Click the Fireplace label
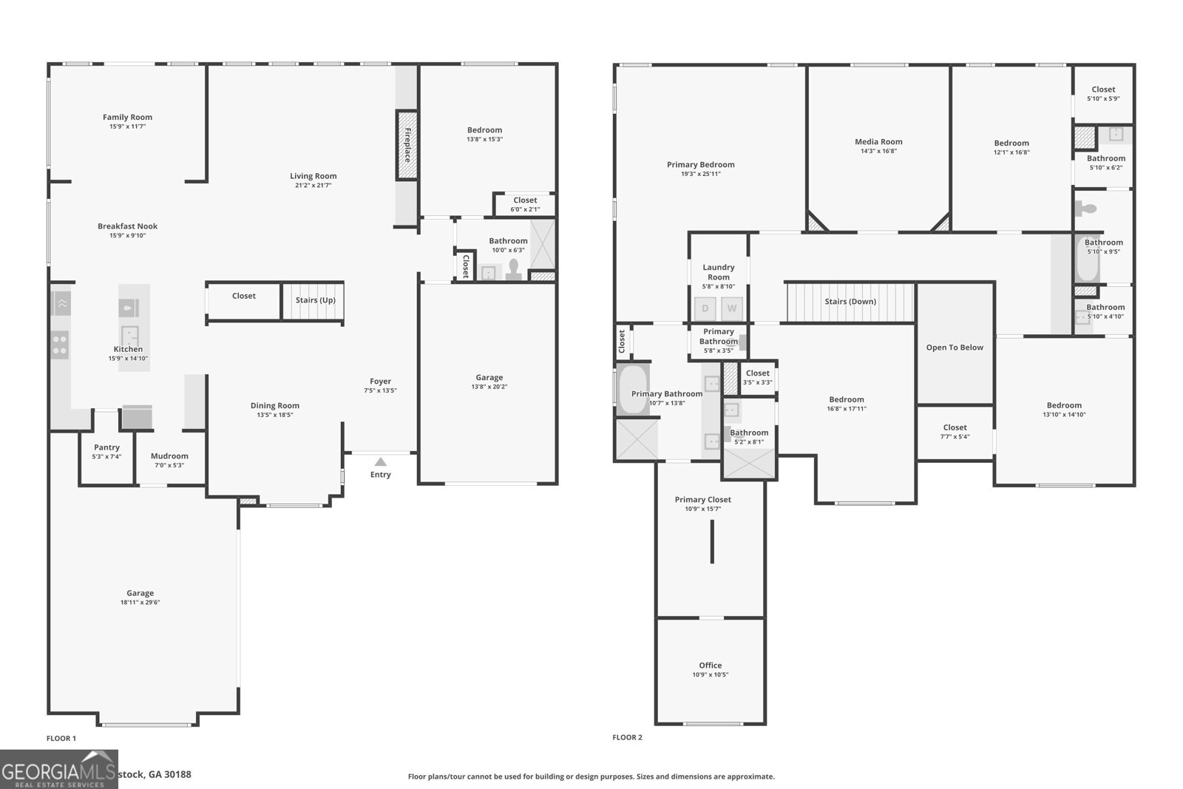[x=407, y=145]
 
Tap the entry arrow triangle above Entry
[x=380, y=461]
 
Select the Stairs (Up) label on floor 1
[x=316, y=300]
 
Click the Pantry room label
[x=106, y=447]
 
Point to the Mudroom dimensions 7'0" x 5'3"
[x=169, y=465]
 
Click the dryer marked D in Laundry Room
[x=705, y=308]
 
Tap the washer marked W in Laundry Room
[x=732, y=308]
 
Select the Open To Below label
[x=955, y=348]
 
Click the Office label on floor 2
[x=711, y=666]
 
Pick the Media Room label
[x=878, y=142]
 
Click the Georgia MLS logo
[x=58, y=770]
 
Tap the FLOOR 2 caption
[x=627, y=737]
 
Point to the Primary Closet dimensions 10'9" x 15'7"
[x=703, y=509]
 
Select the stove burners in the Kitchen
[x=60, y=345]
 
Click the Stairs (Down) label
[x=850, y=302]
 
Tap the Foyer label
[x=380, y=382]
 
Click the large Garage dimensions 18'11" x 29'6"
[x=140, y=603]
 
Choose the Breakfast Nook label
[x=127, y=226]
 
